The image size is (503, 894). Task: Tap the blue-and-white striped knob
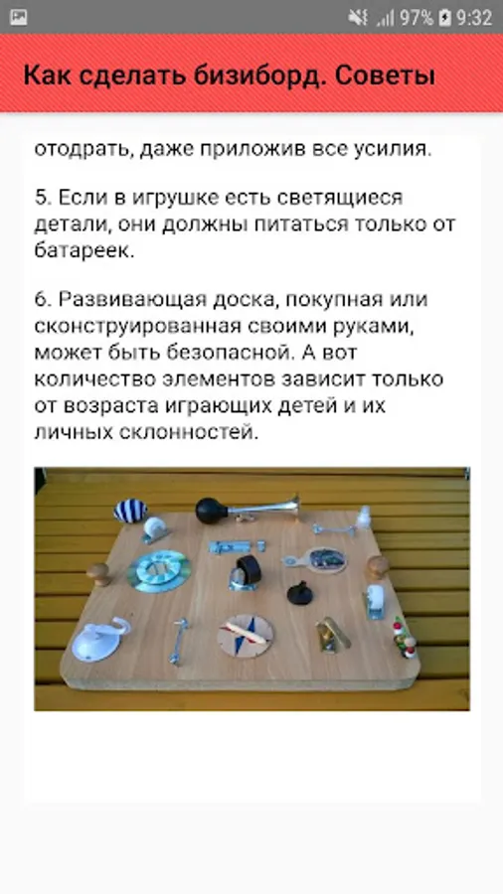(x=130, y=511)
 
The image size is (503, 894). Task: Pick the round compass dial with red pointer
(x=246, y=635)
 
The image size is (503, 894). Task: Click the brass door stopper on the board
(x=332, y=635)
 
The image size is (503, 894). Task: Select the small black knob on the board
(x=298, y=594)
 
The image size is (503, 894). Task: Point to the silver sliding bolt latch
(x=237, y=546)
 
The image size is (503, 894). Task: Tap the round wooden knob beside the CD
(x=99, y=573)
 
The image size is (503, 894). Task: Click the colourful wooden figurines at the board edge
(x=405, y=638)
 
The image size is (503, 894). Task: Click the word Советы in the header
(x=386, y=74)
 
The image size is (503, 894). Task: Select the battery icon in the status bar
(x=445, y=18)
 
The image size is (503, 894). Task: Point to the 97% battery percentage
(x=417, y=18)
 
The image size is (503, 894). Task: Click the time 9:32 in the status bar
(x=474, y=18)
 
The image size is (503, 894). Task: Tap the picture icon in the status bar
(x=19, y=18)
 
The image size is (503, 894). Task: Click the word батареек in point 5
(x=84, y=251)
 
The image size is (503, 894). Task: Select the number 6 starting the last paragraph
(x=41, y=299)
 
